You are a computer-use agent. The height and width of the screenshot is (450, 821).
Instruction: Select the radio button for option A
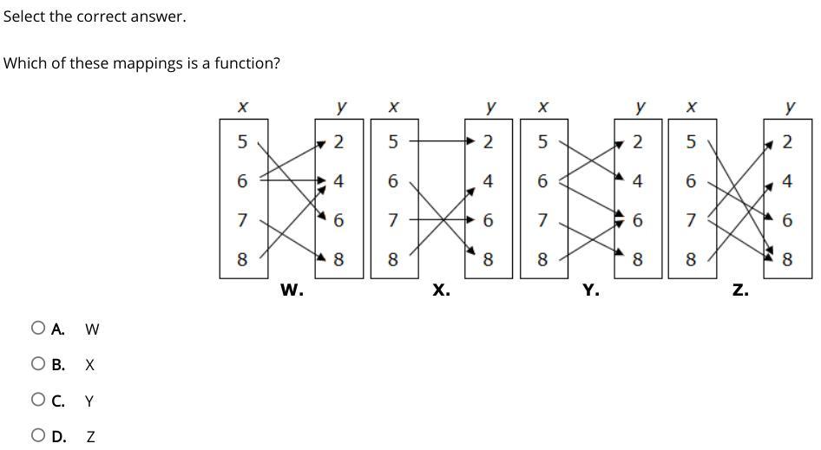pos(37,329)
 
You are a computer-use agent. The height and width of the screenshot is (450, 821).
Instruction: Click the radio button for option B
pos(37,365)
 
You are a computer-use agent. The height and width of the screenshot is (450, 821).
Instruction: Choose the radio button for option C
pos(37,401)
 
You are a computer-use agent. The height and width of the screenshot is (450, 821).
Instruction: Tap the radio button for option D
pos(37,436)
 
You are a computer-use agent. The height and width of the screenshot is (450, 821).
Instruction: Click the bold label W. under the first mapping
pos(292,291)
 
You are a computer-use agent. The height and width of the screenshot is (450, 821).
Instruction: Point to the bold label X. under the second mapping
pos(441,291)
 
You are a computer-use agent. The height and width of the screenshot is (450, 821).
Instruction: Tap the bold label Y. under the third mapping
pos(590,291)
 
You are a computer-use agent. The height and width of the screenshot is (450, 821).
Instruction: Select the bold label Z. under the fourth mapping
pos(739,291)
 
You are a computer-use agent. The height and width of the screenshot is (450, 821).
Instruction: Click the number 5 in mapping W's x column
pos(242,141)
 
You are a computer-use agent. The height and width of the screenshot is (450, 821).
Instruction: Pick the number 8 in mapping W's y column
pos(338,259)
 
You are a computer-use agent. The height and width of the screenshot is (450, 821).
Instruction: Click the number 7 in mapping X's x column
pos(393,220)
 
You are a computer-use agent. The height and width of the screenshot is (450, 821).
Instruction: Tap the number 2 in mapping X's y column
pos(488,141)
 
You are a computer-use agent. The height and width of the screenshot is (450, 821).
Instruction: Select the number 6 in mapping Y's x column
pos(542,181)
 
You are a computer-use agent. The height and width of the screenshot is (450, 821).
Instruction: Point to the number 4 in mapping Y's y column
pos(638,181)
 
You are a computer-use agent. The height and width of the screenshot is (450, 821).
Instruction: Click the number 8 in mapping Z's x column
pos(691,259)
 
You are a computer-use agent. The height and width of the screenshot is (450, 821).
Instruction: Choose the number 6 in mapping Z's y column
pos(787,220)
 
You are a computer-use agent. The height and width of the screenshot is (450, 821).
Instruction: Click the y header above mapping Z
pos(790,107)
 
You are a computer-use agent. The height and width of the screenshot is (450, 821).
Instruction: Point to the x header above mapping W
pos(243,107)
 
